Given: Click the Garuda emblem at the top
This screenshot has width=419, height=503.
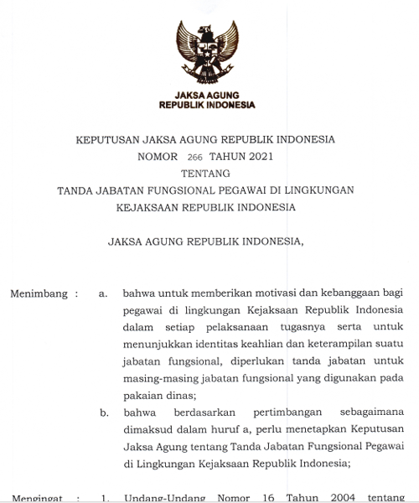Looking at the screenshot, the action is click(207, 53).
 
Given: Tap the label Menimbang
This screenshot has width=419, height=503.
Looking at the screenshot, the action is click(37, 294).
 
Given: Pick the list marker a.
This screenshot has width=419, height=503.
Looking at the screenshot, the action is click(103, 294).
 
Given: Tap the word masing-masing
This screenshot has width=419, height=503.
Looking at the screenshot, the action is click(158, 378).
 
